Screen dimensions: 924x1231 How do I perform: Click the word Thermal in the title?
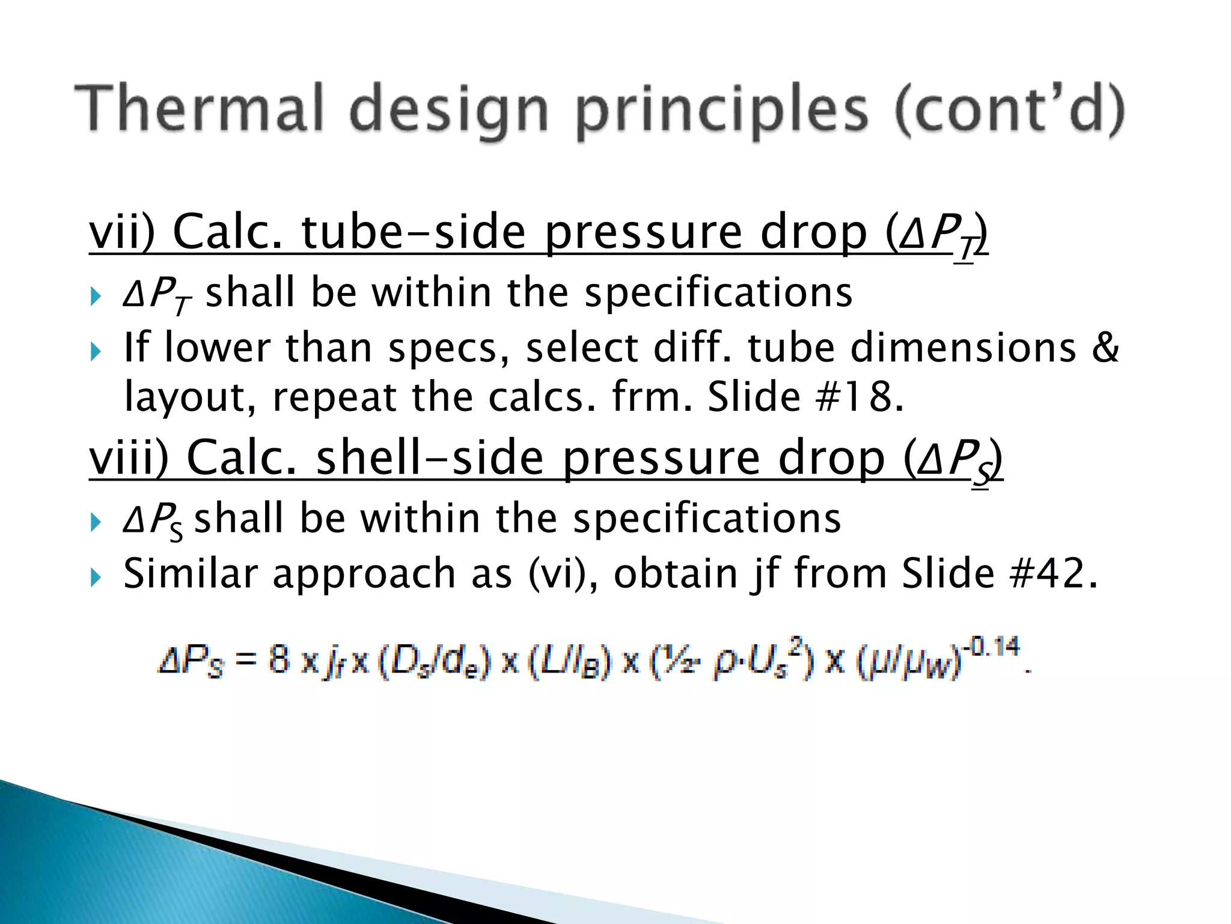tap(198, 108)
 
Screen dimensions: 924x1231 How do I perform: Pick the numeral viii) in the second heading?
tap(129, 458)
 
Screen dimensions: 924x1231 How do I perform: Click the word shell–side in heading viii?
tap(430, 458)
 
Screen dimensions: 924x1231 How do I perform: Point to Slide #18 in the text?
tap(805, 397)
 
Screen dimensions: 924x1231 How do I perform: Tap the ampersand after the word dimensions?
tap(1105, 348)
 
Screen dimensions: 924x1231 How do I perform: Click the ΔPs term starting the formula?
tap(191, 662)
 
